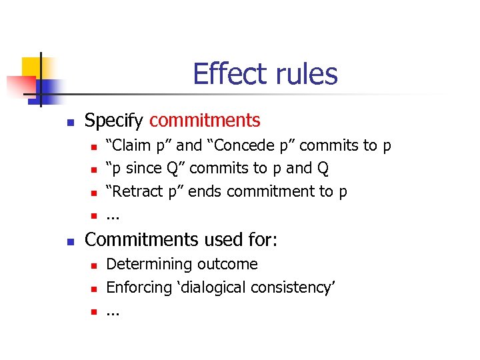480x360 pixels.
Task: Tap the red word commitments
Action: [x=205, y=121]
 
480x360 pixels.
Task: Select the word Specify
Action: [x=114, y=121]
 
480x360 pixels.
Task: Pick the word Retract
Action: [x=137, y=192]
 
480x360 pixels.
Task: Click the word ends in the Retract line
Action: [x=205, y=192]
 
